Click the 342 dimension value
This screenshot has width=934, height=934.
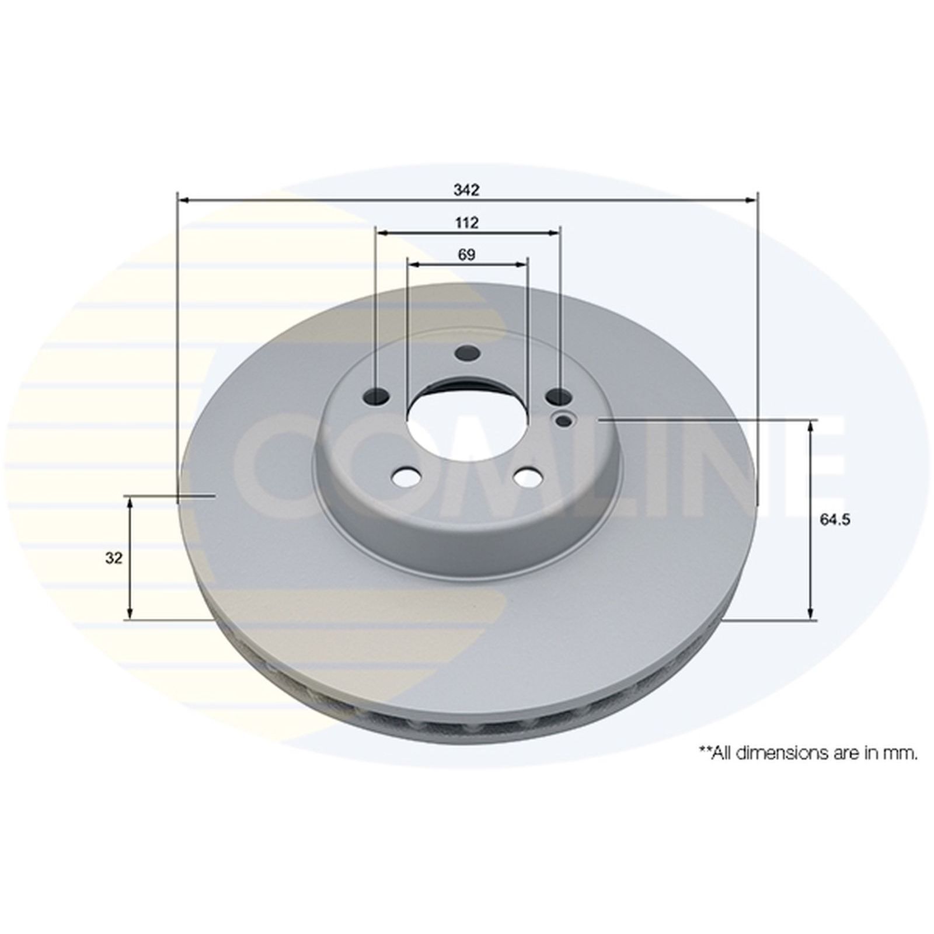466,190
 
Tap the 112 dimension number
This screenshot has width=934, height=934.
466,222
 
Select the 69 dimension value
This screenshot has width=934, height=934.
466,255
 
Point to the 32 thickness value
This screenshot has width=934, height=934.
114,558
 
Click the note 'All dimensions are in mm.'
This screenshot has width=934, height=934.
808,754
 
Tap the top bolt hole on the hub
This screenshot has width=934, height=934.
467,353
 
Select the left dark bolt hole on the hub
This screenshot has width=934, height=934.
377,396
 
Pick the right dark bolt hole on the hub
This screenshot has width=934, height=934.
558,397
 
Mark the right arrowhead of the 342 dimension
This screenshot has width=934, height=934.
751,200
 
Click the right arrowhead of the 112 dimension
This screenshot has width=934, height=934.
554,233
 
